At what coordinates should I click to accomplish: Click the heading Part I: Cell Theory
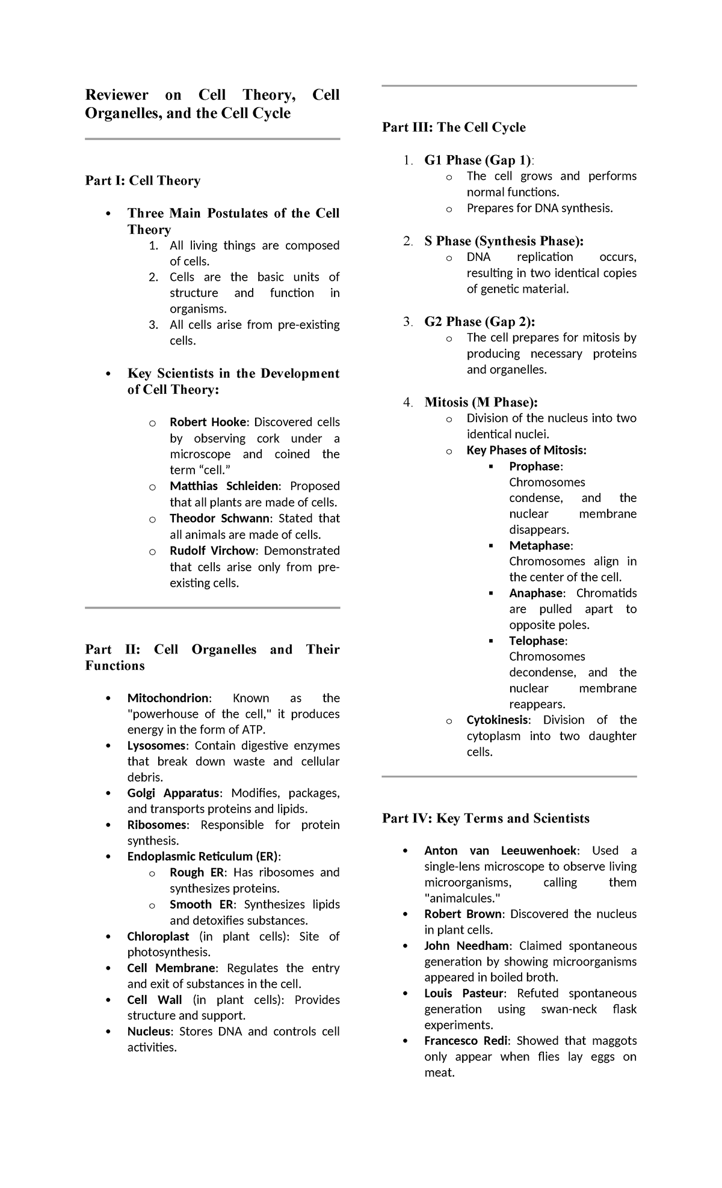pyautogui.click(x=143, y=180)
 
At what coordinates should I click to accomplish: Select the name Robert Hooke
pyautogui.click(x=208, y=422)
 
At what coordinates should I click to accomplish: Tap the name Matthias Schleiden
pyautogui.click(x=224, y=486)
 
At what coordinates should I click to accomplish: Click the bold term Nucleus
pyautogui.click(x=149, y=1032)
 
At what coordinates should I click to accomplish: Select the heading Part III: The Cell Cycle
pyautogui.click(x=454, y=127)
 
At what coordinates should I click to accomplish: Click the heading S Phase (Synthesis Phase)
pyautogui.click(x=503, y=241)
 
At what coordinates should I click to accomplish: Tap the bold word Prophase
pyautogui.click(x=535, y=467)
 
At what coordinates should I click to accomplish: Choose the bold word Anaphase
pyautogui.click(x=537, y=593)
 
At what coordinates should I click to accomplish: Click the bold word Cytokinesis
pyautogui.click(x=498, y=720)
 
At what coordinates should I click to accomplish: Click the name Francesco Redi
pyautogui.click(x=468, y=1041)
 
